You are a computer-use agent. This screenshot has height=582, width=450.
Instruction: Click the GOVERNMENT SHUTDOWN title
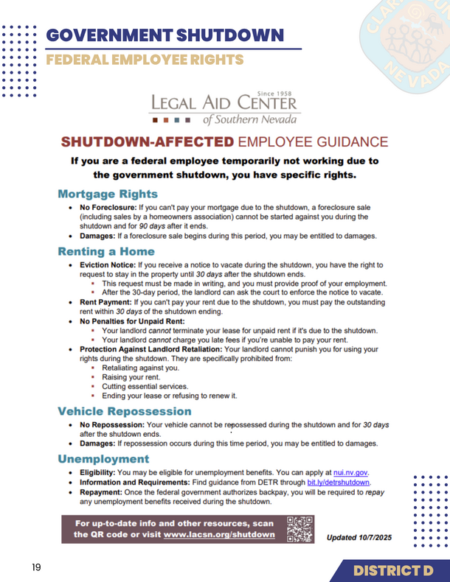pyautogui.click(x=164, y=35)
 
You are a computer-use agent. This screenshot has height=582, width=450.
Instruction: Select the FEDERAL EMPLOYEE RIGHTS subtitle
pyautogui.click(x=144, y=59)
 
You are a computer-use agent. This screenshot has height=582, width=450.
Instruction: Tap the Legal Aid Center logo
pyautogui.click(x=225, y=108)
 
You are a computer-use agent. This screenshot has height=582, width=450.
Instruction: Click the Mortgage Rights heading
pyautogui.click(x=108, y=194)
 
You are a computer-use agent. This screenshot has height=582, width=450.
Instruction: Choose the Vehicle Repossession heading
pyautogui.click(x=124, y=410)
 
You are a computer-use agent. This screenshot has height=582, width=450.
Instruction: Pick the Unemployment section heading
pyautogui.click(x=104, y=458)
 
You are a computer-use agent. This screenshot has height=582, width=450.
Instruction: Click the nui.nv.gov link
pyautogui.click(x=351, y=472)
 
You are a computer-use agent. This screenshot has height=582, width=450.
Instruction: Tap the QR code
pyautogui.click(x=300, y=529)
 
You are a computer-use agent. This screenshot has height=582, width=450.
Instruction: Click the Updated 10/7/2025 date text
pyautogui.click(x=359, y=538)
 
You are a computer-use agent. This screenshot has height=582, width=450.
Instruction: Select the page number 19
pyautogui.click(x=36, y=568)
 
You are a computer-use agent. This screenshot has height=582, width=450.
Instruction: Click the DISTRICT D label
pyautogui.click(x=392, y=570)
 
